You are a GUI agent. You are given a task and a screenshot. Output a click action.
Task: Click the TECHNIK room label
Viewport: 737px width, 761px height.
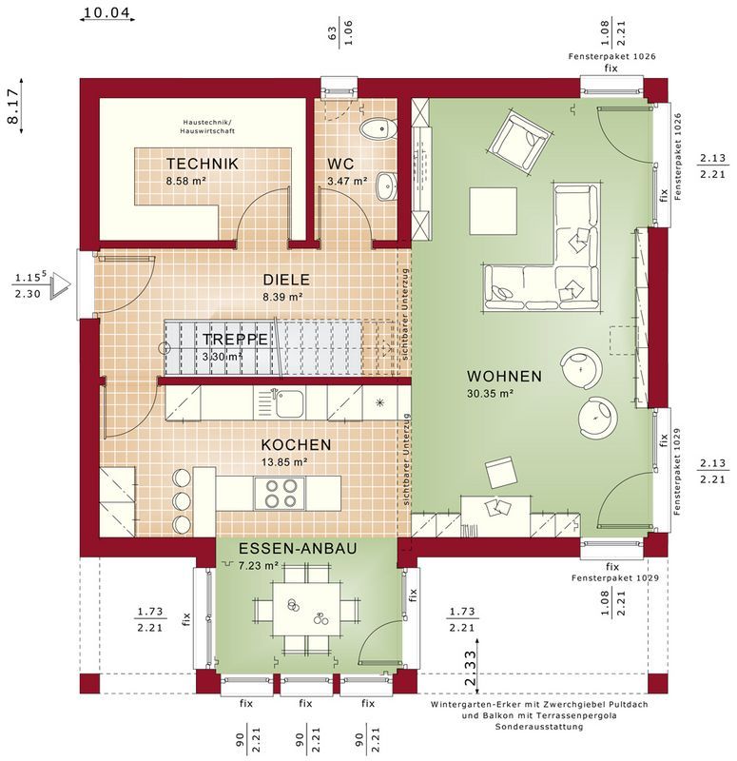click(x=203, y=164)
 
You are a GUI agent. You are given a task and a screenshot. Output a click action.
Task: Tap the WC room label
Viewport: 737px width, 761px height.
click(x=340, y=164)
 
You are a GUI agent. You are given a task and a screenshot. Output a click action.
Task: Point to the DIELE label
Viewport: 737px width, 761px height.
click(x=286, y=280)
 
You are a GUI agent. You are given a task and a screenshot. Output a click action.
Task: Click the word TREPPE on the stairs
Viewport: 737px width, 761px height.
click(x=235, y=339)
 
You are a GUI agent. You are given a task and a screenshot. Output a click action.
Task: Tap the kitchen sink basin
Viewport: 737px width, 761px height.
click(x=290, y=403)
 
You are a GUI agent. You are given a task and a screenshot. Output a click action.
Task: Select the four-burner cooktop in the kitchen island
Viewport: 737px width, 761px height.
click(x=280, y=493)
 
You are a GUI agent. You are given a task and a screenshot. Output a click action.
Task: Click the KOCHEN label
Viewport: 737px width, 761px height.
click(x=296, y=444)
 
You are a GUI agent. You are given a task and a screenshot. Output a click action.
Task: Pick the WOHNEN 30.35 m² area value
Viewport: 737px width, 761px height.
click(x=490, y=394)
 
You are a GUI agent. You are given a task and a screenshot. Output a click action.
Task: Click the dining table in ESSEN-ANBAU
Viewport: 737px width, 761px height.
click(x=306, y=609)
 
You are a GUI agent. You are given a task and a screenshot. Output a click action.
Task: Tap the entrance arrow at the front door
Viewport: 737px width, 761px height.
click(x=62, y=285)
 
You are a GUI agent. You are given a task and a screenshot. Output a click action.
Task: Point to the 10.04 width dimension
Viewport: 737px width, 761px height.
click(x=107, y=13)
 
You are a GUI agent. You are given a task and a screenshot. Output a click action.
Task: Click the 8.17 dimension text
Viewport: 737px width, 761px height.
click(x=12, y=106)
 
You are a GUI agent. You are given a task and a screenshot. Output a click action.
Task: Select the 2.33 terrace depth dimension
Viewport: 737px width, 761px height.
click(x=471, y=669)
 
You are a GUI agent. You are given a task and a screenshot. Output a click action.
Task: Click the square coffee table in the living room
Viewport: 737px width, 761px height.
click(x=493, y=210)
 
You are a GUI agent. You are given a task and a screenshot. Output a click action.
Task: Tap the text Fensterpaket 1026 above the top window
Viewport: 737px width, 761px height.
click(x=611, y=56)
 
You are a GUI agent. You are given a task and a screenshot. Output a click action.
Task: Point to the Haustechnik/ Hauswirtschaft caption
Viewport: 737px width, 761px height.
click(x=207, y=127)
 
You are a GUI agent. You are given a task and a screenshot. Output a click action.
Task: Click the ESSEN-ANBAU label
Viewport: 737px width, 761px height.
click(x=298, y=549)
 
